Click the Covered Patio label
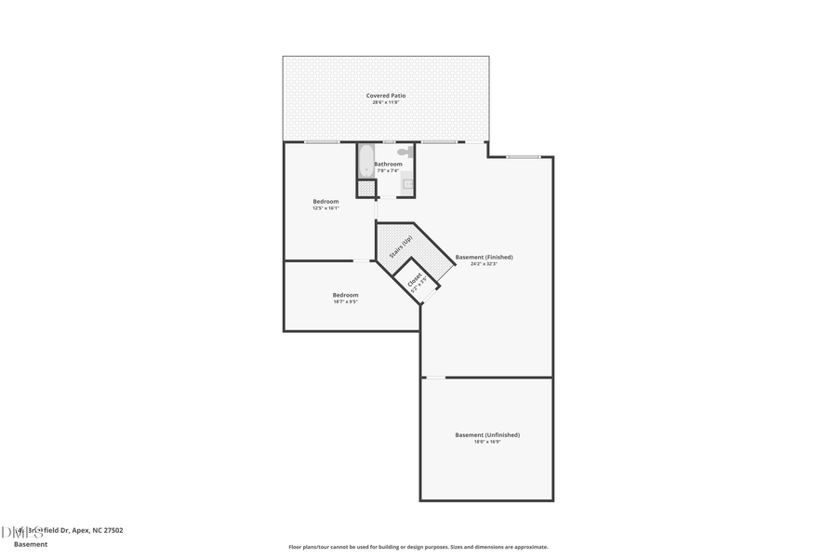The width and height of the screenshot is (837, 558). click(385, 95)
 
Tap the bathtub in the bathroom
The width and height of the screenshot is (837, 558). click(365, 161)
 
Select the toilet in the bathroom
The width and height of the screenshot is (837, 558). click(405, 151)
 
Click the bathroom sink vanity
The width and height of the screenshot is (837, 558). click(407, 184)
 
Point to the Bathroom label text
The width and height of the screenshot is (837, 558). click(388, 164)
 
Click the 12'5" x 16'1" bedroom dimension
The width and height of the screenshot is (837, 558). click(325, 208)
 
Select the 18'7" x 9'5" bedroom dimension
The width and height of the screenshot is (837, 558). click(345, 301)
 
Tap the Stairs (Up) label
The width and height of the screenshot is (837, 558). click(401, 246)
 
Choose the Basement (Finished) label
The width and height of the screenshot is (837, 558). click(484, 257)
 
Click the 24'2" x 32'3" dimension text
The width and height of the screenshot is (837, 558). click(484, 264)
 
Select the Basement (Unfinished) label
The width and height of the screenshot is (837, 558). click(486, 434)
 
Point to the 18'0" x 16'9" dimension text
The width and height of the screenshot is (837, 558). click(486, 442)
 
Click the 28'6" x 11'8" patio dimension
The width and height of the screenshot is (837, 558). click(385, 102)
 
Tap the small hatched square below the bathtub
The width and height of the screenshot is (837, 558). click(366, 189)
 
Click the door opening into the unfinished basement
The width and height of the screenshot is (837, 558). click(434, 377)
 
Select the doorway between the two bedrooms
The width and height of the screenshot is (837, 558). click(362, 260)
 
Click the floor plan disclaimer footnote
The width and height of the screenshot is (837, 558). click(418, 547)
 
